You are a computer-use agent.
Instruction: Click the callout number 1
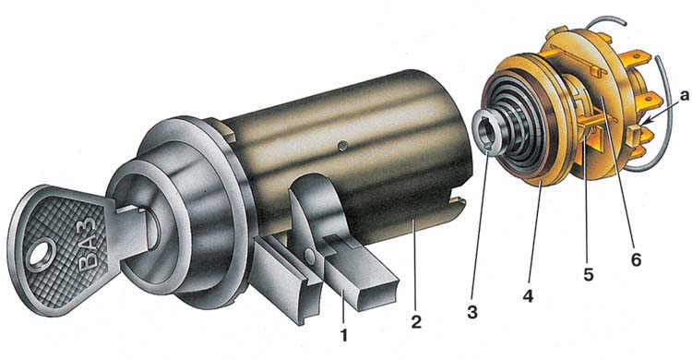[344, 336]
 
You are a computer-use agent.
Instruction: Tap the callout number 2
[416, 321]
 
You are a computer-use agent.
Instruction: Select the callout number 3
[472, 312]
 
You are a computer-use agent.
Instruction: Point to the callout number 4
[528, 295]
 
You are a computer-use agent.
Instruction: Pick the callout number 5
[589, 274]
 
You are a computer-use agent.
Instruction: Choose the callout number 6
[636, 259]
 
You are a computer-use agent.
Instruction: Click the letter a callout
[685, 95]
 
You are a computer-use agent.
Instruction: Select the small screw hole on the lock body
[340, 145]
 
